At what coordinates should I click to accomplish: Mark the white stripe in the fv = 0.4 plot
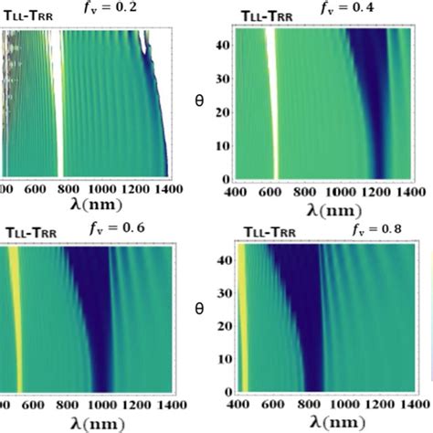(271, 100)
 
